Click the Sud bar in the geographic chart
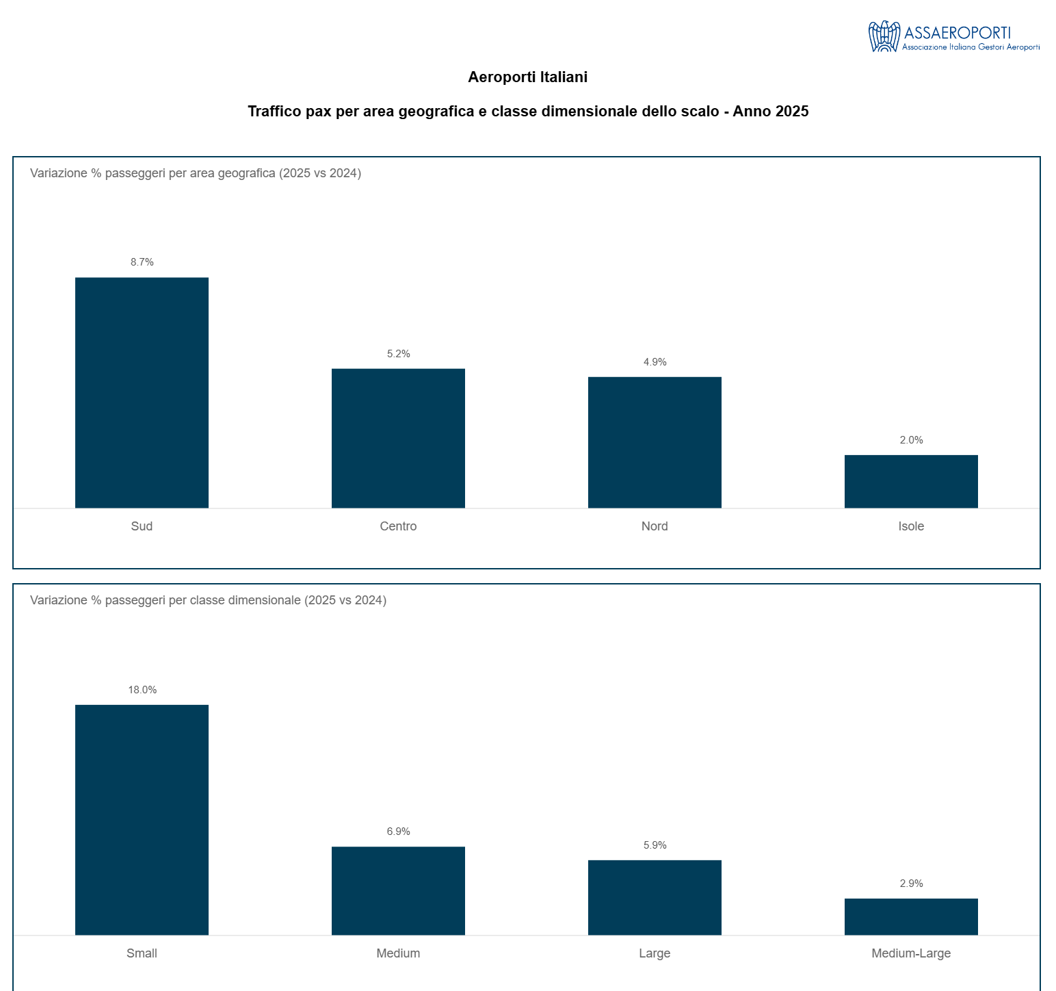[x=142, y=393]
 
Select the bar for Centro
[x=398, y=438]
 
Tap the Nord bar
[x=655, y=442]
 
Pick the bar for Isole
[x=911, y=481]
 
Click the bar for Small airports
[x=142, y=820]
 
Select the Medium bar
[x=398, y=890]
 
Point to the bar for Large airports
[x=655, y=897]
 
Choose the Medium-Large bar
[x=911, y=916]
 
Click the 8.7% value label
[x=142, y=262]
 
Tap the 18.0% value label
[x=142, y=690]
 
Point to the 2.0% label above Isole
[x=911, y=440]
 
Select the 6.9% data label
[x=398, y=832]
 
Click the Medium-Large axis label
[x=911, y=953]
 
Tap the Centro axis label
[x=398, y=526]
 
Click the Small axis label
[x=142, y=953]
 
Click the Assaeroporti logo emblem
[x=884, y=36]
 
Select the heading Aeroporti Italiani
[x=527, y=77]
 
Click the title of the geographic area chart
[x=196, y=173]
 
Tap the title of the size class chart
[x=208, y=600]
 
